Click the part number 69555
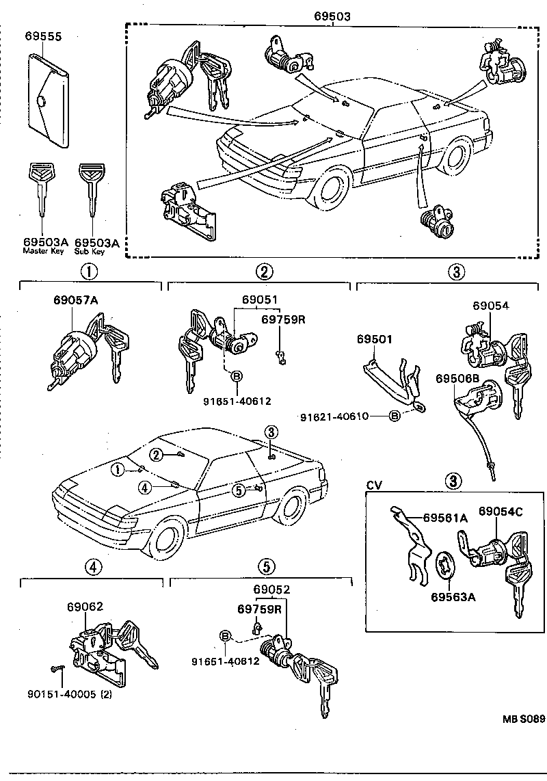coord(42,36)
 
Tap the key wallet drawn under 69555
coord(49,101)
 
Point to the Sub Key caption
coord(90,251)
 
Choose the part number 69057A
coord(77,300)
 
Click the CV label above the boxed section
coord(374,485)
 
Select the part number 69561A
coord(445,518)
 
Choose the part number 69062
coord(85,606)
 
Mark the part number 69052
coord(271,590)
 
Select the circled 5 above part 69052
coord(266,566)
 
